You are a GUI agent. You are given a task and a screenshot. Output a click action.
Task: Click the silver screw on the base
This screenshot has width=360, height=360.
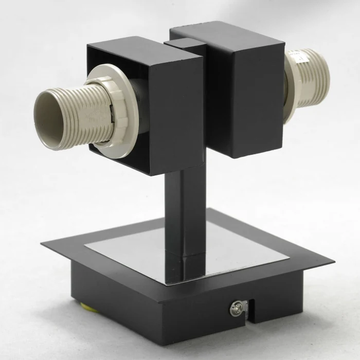point(237,309)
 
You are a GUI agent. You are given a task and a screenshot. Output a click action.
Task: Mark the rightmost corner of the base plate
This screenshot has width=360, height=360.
point(333,261)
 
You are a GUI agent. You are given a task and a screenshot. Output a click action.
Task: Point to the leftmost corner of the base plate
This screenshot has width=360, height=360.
point(42,243)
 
